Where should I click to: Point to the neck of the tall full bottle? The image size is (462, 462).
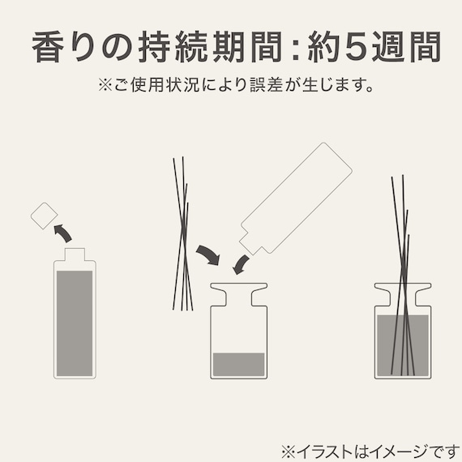pyautogui.click(x=75, y=255)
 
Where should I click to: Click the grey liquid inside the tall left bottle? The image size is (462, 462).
pyautogui.click(x=75, y=320)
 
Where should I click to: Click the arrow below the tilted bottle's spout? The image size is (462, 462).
pyautogui.click(x=241, y=263)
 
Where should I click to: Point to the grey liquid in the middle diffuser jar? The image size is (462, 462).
pyautogui.click(x=238, y=364)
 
